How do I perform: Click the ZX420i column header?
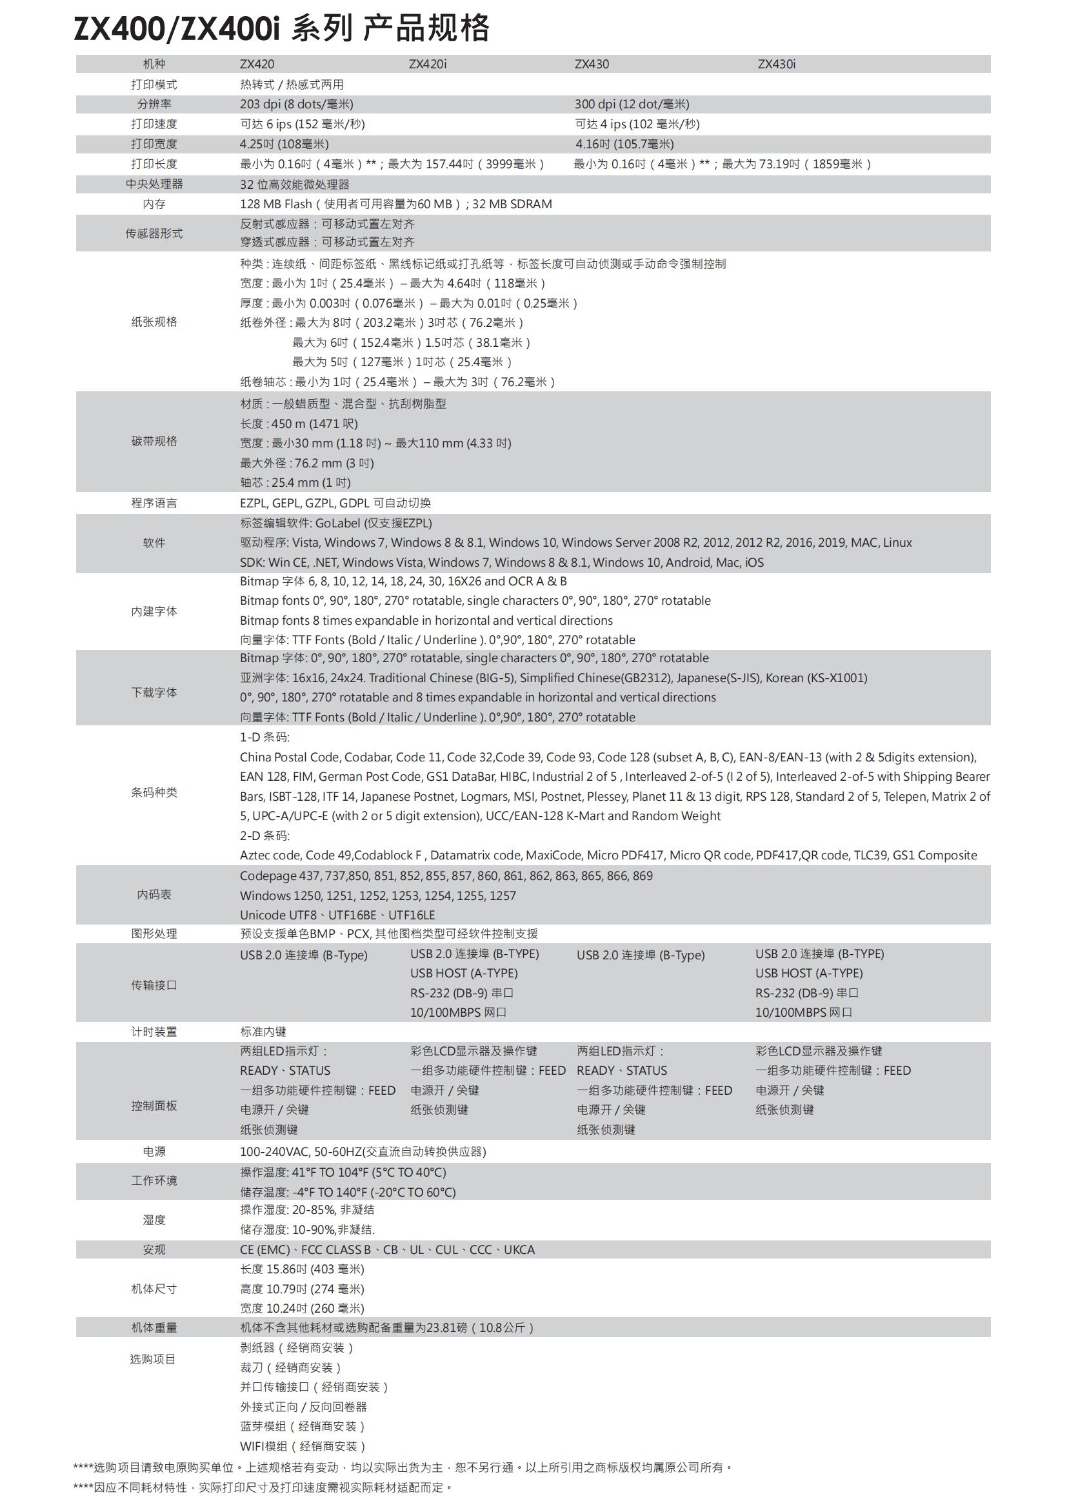(427, 64)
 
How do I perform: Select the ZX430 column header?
(592, 64)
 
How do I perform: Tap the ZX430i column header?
(776, 64)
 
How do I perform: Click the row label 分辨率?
(154, 104)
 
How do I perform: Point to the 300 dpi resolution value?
(632, 104)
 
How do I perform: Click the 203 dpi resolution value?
(296, 104)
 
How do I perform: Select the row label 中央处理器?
(154, 184)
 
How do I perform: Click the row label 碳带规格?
(154, 442)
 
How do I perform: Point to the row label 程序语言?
(154, 503)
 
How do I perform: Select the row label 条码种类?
(154, 793)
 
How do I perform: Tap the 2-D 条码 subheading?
(264, 836)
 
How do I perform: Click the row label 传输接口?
(154, 985)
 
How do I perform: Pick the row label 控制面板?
(154, 1106)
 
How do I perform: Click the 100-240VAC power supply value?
(363, 1152)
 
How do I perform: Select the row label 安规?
(154, 1250)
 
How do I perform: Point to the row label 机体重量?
(154, 1328)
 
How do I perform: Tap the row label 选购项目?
(152, 1359)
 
